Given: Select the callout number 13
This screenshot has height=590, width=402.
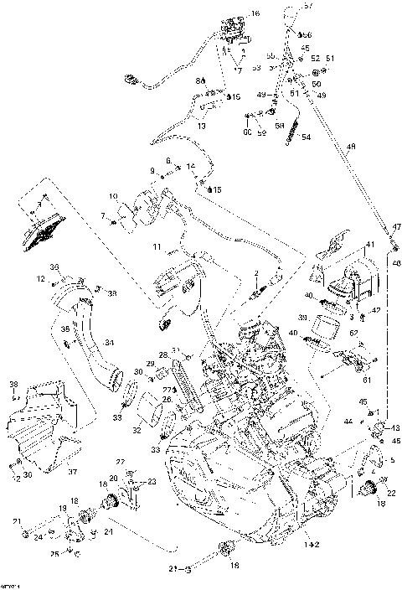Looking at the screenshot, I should tap(201, 126).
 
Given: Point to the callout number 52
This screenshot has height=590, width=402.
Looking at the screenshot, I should tap(316, 59).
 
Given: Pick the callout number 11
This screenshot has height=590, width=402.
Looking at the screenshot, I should tap(156, 248).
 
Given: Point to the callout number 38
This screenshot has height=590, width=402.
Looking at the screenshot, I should tap(13, 385).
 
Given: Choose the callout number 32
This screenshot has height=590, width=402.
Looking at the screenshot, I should tap(137, 432).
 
